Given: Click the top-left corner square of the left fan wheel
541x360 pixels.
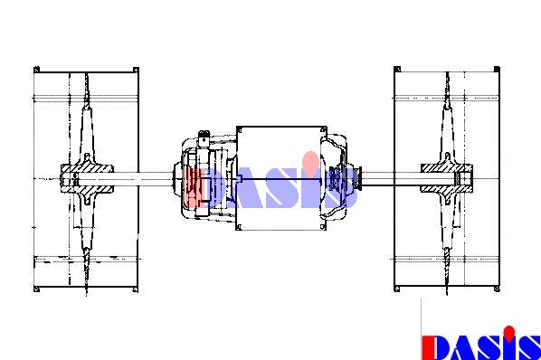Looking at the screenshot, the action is pyautogui.click(x=36, y=70).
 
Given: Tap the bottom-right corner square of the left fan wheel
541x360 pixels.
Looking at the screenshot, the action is pyautogui.click(x=136, y=289).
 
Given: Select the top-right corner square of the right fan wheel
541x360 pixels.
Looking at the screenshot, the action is pyautogui.click(x=497, y=70).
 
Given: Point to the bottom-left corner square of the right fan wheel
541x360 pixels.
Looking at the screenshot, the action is pyautogui.click(x=397, y=289).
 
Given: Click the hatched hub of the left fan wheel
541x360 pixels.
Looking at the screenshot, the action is pyautogui.click(x=87, y=178).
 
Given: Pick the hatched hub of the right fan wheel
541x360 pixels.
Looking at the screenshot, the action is pyautogui.click(x=447, y=178).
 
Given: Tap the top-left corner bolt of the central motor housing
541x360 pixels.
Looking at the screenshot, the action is pyautogui.click(x=240, y=130).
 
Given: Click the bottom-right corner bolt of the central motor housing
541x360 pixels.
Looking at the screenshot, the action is pyautogui.click(x=323, y=227).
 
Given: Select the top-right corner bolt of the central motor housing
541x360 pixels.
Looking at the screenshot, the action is pyautogui.click(x=323, y=130).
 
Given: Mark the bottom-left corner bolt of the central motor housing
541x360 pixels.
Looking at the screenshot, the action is pyautogui.click(x=240, y=227).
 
